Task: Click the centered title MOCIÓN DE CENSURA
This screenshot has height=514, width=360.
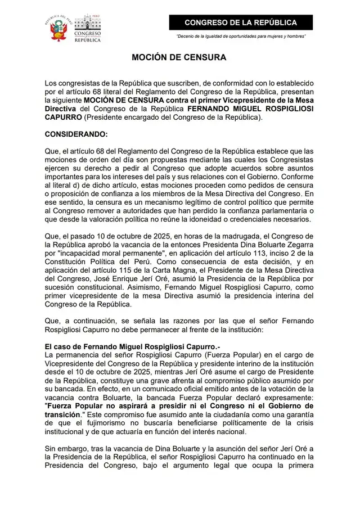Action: point(179,57)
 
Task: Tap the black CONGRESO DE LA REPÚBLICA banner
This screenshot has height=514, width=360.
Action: point(241,22)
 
